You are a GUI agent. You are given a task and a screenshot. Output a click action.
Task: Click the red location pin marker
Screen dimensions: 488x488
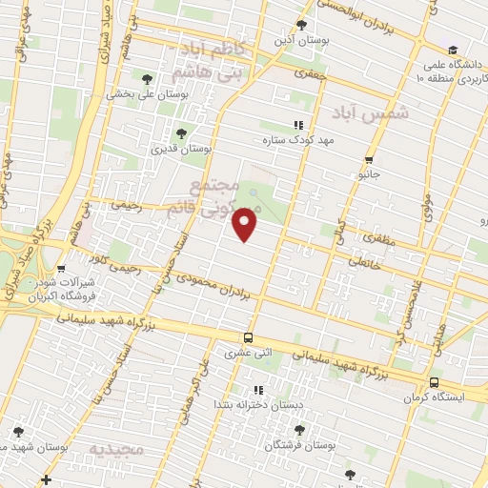(246, 225)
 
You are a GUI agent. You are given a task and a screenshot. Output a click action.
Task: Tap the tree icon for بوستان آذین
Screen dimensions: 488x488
(302, 25)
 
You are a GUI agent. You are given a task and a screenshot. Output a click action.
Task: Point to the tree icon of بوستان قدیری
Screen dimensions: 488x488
(181, 133)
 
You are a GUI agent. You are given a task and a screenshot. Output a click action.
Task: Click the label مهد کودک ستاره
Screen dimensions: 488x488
(295, 139)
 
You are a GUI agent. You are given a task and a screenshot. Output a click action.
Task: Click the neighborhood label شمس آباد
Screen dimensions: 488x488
(371, 112)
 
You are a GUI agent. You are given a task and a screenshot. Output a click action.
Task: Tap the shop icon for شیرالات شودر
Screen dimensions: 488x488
(61, 270)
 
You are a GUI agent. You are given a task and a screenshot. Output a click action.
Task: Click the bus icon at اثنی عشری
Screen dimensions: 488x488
(248, 337)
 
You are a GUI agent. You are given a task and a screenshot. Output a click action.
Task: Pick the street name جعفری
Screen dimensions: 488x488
(310, 72)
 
